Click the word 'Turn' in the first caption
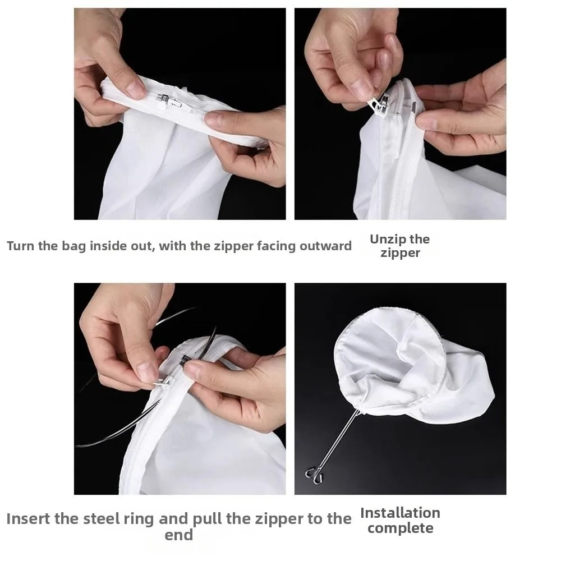pyautogui.click(x=20, y=246)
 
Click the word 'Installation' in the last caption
pyautogui.click(x=400, y=513)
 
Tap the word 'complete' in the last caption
pyautogui.click(x=400, y=528)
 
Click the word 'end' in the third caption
pyautogui.click(x=178, y=535)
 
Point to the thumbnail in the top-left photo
pyautogui.click(x=134, y=87)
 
